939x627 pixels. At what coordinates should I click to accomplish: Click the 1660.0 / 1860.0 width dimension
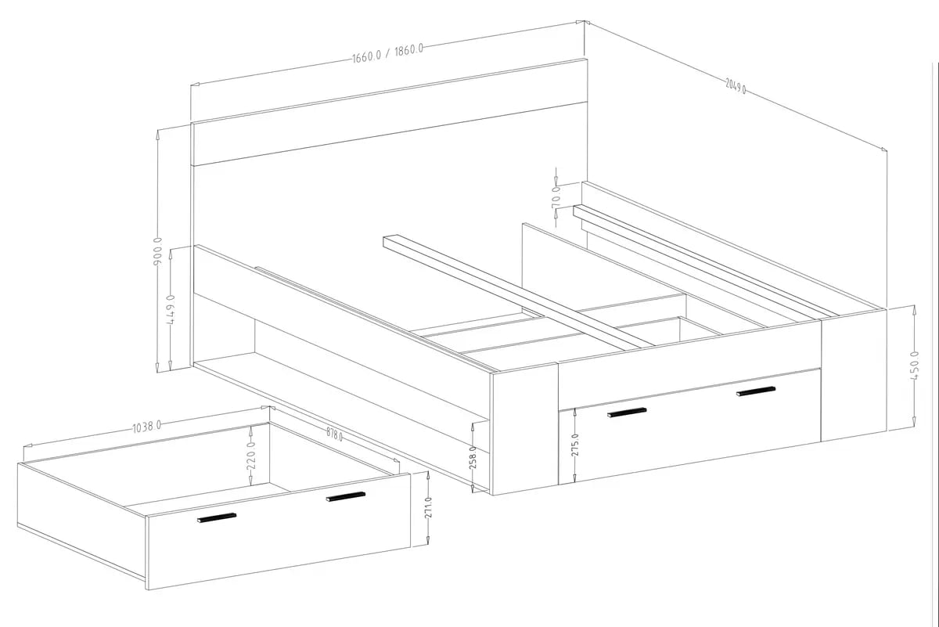(388, 53)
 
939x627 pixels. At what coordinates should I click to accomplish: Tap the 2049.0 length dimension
(736, 86)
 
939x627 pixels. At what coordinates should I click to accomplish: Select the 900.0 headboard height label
(157, 250)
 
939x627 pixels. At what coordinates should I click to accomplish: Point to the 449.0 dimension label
(171, 309)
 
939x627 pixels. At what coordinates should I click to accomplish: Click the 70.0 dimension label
(556, 197)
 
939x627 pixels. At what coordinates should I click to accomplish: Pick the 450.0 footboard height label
(914, 366)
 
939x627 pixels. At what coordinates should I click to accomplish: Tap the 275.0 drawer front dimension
(574, 445)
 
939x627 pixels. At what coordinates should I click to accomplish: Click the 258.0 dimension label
(473, 457)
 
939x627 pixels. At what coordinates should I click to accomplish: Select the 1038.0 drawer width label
(147, 427)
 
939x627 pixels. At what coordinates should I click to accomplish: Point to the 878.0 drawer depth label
(335, 434)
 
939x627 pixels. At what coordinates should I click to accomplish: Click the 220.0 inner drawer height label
(250, 456)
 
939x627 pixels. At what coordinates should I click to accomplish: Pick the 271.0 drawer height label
(428, 508)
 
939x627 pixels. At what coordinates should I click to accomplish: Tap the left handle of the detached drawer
(217, 517)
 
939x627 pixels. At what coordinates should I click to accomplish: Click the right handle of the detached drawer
(346, 496)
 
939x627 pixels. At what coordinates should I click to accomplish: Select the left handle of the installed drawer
(627, 413)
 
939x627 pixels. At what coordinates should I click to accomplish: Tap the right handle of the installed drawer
(756, 391)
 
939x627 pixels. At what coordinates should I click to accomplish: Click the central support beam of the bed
(518, 291)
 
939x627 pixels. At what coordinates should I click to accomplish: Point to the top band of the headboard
(389, 112)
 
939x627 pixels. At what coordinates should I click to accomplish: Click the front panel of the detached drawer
(279, 532)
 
